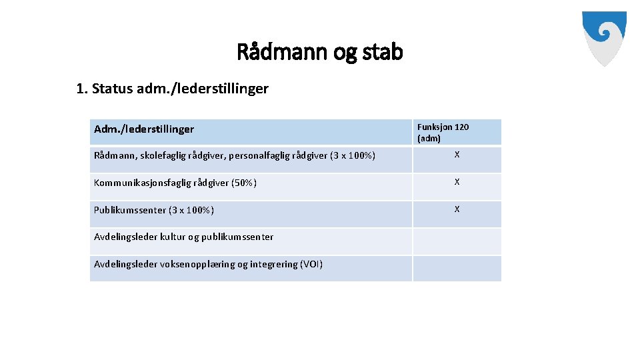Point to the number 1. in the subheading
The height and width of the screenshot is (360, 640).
[82, 89]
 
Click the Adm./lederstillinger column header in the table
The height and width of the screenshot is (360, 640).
[144, 129]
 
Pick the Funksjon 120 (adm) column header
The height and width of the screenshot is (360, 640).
[443, 132]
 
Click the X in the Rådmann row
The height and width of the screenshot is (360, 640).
[457, 155]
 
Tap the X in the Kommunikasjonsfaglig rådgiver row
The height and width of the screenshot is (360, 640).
[457, 182]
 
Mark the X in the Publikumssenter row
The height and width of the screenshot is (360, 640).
[457, 209]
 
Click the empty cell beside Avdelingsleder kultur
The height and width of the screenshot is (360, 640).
[457, 241]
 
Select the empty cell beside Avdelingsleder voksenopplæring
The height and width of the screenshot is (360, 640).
[457, 268]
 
